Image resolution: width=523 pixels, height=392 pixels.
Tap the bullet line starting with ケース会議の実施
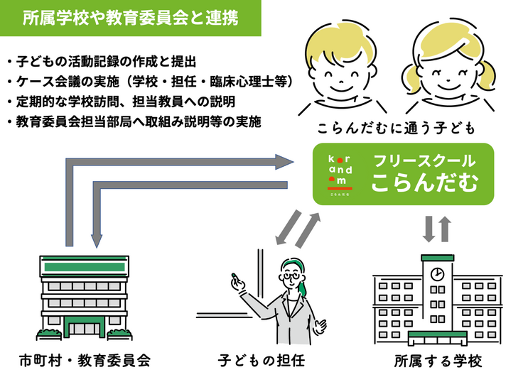click(x=149, y=82)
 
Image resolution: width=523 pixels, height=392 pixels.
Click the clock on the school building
click(x=438, y=273)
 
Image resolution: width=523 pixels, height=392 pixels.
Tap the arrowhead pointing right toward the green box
click(x=284, y=162)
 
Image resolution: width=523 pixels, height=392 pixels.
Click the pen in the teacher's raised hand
click(x=232, y=277)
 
